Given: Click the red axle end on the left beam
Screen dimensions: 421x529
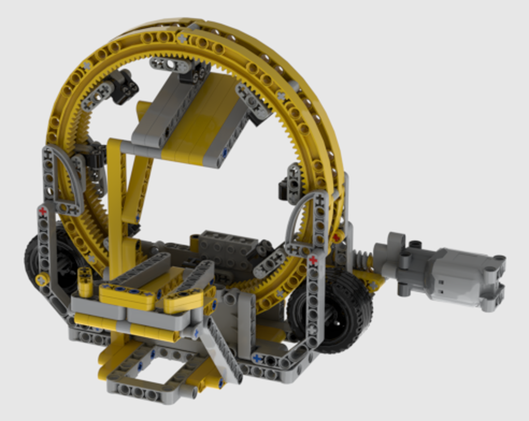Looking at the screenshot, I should coord(42,211).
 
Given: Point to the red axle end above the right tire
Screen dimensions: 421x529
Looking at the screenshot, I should coord(313,260).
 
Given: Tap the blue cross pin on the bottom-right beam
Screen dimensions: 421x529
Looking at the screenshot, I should coord(257,358).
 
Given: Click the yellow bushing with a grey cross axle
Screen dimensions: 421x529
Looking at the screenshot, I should coord(40,279).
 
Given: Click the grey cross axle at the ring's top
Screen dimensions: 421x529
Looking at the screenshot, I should coord(182,39).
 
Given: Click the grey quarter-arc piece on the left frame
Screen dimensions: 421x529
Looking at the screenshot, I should coord(63,180).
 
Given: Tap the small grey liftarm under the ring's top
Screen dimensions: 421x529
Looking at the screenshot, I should coord(169,65).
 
